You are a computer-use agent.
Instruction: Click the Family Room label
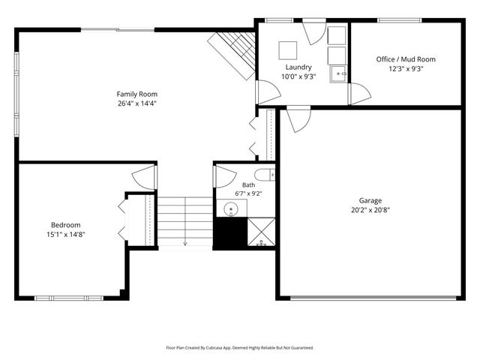tap(136, 94)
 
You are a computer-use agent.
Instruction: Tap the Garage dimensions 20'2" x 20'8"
tap(370, 210)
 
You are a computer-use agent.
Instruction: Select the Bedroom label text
tap(66, 225)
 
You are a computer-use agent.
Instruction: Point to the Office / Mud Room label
tap(406, 59)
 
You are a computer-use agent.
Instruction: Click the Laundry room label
tap(298, 67)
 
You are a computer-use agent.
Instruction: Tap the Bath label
tap(248, 185)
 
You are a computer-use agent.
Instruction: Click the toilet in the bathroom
tap(265, 175)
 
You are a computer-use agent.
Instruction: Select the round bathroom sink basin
tap(230, 210)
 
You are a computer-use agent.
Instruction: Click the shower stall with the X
tap(261, 232)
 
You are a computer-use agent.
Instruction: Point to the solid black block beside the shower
tap(230, 233)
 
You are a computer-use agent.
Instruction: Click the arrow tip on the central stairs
tap(185, 244)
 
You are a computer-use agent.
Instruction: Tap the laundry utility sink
tap(338, 73)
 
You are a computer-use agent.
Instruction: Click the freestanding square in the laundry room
tap(288, 50)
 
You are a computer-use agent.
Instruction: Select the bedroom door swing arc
tap(144, 178)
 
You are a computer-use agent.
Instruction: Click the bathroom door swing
tap(226, 176)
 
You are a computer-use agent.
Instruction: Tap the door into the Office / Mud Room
tap(360, 93)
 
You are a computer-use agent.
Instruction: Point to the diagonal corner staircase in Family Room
tap(232, 55)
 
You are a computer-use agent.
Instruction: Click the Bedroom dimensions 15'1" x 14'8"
tap(66, 235)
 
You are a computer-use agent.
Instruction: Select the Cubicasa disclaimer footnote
tap(240, 348)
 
